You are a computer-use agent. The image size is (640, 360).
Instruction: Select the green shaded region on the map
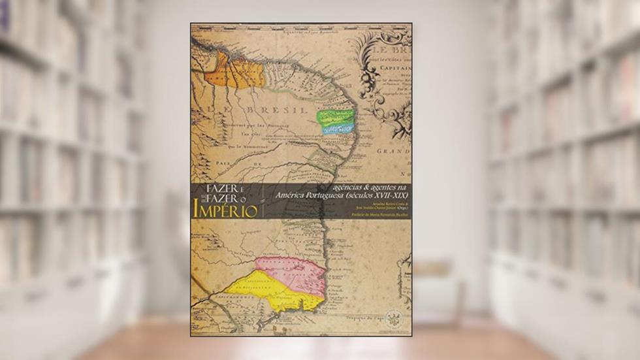coord(334,117)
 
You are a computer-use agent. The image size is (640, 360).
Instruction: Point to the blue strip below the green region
coord(338,129)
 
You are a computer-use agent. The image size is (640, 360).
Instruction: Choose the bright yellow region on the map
coord(274,293)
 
